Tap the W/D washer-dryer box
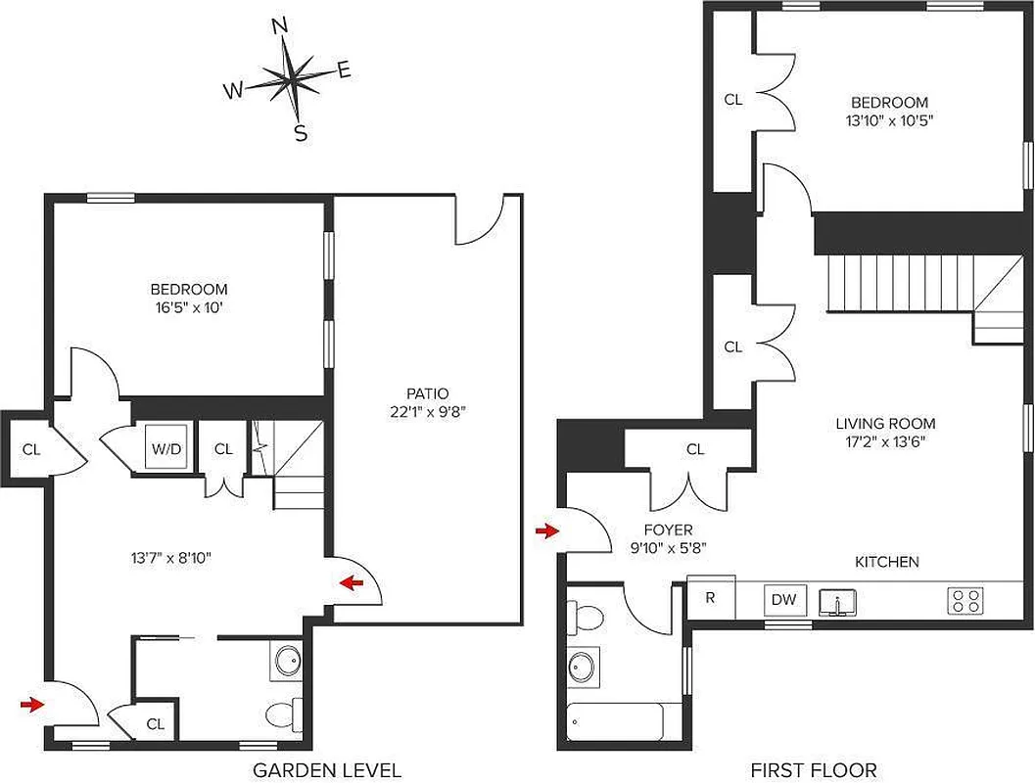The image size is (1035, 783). pyautogui.click(x=165, y=449)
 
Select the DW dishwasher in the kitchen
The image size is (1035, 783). pyautogui.click(x=782, y=600)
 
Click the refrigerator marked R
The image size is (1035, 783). pyautogui.click(x=710, y=599)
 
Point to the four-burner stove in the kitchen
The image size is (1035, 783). pyautogui.click(x=964, y=600)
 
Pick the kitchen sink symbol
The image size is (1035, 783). pyautogui.click(x=837, y=600)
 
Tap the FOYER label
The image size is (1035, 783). pyautogui.click(x=670, y=530)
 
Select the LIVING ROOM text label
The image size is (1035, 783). pyautogui.click(x=885, y=424)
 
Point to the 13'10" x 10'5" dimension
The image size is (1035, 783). pyautogui.click(x=889, y=120)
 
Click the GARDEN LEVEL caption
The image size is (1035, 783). pyautogui.click(x=327, y=770)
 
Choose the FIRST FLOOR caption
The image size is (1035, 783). pyautogui.click(x=813, y=770)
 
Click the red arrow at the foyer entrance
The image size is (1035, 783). pyautogui.click(x=545, y=531)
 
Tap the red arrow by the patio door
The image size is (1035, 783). pyautogui.click(x=351, y=583)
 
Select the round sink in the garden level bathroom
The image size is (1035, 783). pyautogui.click(x=288, y=663)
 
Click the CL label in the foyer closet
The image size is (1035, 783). pyautogui.click(x=695, y=450)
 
